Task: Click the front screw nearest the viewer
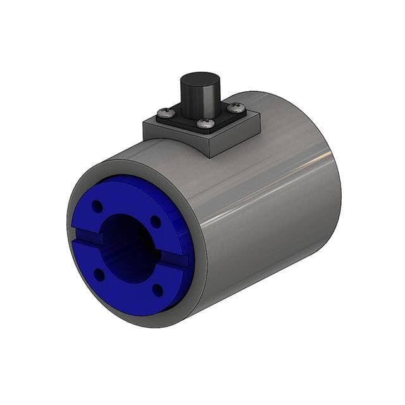point(204,124)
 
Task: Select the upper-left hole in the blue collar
point(97,206)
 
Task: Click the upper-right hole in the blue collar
point(155,221)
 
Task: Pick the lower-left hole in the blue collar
point(99,274)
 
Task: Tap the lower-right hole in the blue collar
point(158,290)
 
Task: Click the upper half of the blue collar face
point(127,199)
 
